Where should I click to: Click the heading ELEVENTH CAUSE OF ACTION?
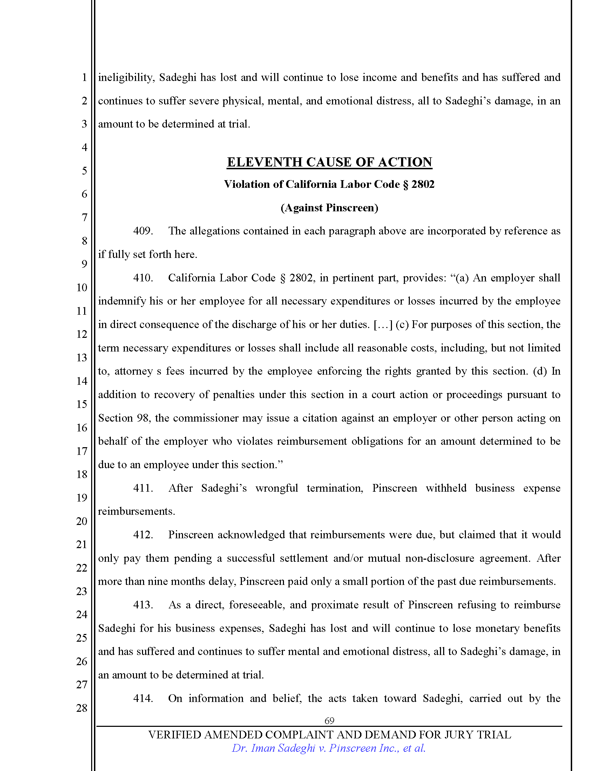(329, 162)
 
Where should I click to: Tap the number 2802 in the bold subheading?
(423, 184)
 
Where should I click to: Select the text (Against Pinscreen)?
(329, 207)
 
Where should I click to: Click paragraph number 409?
(143, 231)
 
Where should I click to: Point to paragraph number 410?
(143, 278)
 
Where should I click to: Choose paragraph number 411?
(143, 488)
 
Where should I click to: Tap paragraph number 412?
(143, 534)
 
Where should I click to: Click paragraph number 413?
(143, 605)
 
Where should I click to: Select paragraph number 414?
(143, 698)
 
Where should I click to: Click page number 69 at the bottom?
(329, 721)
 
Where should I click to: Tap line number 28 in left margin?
(82, 708)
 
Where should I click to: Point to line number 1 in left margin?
(84, 77)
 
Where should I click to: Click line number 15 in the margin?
(82, 404)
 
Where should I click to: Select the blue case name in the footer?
(329, 748)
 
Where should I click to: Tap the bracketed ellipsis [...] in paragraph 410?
(383, 325)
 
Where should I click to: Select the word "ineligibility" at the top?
(126, 78)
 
